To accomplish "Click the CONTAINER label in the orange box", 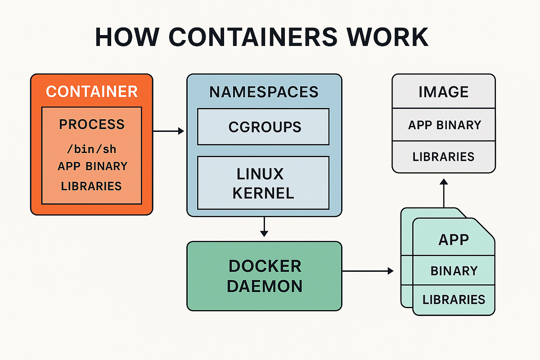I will click(91, 91).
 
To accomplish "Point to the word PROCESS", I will click(91, 124).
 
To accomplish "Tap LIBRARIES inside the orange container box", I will click(91, 186).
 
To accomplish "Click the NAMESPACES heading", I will click(264, 92).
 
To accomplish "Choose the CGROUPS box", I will click(264, 127).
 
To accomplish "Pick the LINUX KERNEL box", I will click(264, 183).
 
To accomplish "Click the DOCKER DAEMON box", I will click(264, 276).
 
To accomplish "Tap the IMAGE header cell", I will click(443, 92).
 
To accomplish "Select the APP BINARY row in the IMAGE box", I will click(444, 125).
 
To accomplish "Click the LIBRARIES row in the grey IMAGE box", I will click(443, 157).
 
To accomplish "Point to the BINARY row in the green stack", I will click(454, 271).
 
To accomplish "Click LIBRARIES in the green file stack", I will click(454, 299).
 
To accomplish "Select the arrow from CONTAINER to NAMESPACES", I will click(169, 131).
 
